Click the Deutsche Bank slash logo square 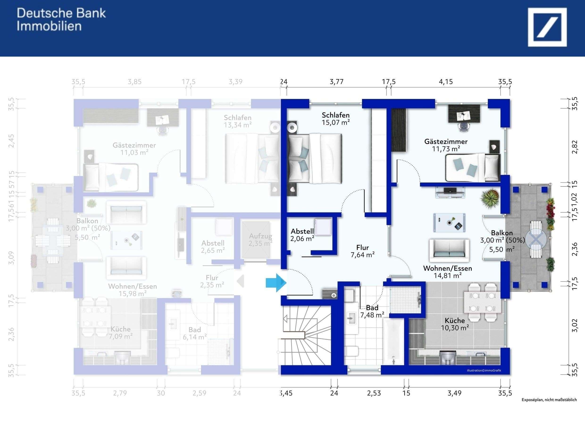[x=547, y=27]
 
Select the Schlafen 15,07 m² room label [x=335, y=119]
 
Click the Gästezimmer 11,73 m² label [x=446, y=145]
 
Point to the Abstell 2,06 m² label [x=302, y=235]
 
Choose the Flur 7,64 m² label [x=363, y=251]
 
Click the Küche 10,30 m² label [x=455, y=324]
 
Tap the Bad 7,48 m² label [x=372, y=311]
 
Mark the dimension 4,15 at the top [x=446, y=82]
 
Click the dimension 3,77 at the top [x=336, y=82]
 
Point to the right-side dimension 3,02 [x=575, y=325]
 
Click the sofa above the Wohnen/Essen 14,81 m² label [x=449, y=250]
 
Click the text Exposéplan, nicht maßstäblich [x=549, y=400]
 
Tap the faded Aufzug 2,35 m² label [x=260, y=239]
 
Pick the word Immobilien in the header [x=49, y=26]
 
